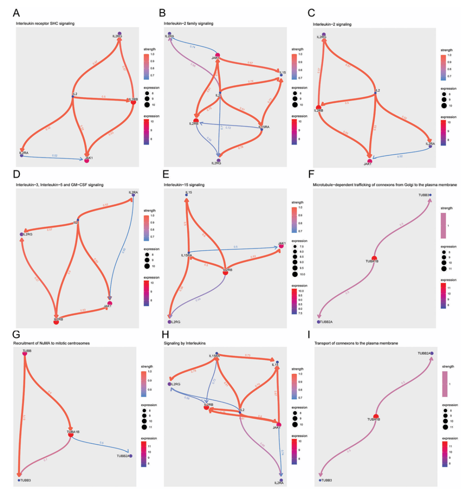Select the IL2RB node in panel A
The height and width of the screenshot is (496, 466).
coord(133,101)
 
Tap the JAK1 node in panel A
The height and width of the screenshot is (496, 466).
coord(87,160)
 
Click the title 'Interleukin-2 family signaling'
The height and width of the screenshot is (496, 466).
coord(188,23)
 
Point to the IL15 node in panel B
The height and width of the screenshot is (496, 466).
coord(281,75)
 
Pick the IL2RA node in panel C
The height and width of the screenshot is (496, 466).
coord(431,146)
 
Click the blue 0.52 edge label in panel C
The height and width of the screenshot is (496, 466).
coord(400,156)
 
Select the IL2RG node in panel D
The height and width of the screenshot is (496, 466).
coord(22,234)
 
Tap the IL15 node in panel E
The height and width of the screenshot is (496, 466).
coord(186,195)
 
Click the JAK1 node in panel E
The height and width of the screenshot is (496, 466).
coord(281,246)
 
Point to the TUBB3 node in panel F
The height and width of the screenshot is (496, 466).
coord(430,195)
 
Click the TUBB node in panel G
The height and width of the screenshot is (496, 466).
coord(25,354)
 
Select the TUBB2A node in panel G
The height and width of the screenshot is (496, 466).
coord(130,455)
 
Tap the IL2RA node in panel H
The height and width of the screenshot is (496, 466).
coord(281,480)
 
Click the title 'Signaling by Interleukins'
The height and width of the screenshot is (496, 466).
coord(184,343)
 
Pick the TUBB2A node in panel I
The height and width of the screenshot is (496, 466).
coord(431,354)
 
